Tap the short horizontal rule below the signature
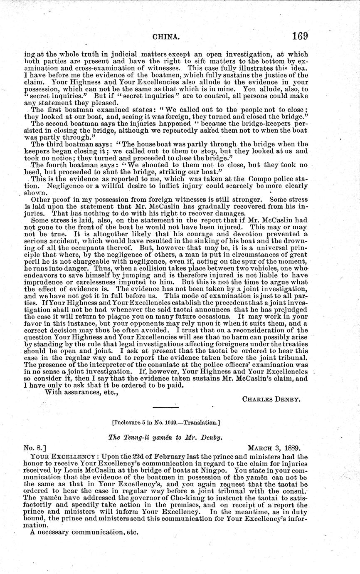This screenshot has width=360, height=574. (166, 407)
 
